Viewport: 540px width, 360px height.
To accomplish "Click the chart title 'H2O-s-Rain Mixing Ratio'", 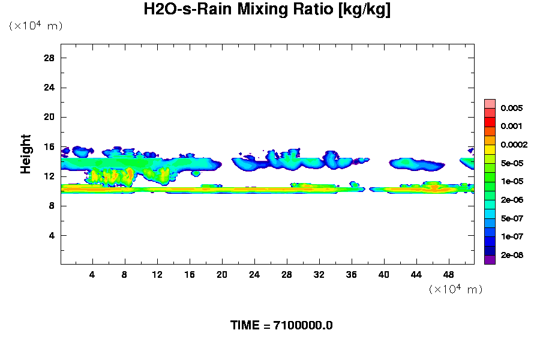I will pos(268,10).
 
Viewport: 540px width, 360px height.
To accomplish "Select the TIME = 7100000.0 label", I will pos(281,325).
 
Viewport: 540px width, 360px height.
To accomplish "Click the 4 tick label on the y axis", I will pos(52,235).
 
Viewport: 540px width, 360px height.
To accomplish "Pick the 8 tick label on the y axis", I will pos(52,206).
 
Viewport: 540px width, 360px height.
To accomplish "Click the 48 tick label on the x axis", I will pos(448,275).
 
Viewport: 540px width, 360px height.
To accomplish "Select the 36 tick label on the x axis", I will pos(352,275).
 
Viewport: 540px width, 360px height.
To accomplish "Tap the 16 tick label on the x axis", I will pos(190,275).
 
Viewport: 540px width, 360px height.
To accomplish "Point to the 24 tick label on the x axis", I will pos(254,275).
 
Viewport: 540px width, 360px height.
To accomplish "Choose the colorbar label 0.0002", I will pos(514,145).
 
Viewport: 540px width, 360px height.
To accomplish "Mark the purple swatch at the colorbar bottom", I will pos(490,260).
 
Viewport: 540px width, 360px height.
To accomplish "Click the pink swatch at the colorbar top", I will pos(490,104).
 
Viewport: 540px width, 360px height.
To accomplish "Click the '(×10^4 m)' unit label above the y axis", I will pos(35,26).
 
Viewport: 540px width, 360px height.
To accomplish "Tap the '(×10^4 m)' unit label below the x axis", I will pos(455,289).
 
